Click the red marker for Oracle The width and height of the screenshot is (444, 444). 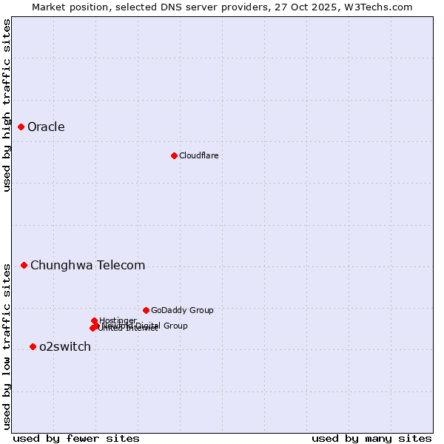click(x=21, y=127)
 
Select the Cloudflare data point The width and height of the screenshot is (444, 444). click(x=174, y=155)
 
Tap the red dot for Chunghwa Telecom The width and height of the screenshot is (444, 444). click(x=24, y=265)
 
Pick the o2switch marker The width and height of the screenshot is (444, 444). click(x=33, y=346)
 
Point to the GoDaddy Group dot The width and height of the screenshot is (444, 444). click(x=146, y=310)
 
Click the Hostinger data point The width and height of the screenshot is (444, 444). click(x=94, y=320)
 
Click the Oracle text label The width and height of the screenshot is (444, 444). click(x=46, y=127)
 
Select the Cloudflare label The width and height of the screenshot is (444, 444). click(x=198, y=155)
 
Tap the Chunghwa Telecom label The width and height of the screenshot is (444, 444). click(x=87, y=266)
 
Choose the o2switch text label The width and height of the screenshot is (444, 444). click(x=65, y=347)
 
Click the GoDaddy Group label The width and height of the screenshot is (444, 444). click(x=182, y=311)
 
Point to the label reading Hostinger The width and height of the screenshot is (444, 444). click(x=118, y=320)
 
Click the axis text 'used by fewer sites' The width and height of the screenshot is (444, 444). click(x=75, y=438)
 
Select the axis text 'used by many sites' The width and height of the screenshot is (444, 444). click(x=371, y=438)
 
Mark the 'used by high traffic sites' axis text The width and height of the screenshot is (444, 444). click(x=7, y=105)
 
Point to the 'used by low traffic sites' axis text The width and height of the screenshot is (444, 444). click(x=7, y=346)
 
